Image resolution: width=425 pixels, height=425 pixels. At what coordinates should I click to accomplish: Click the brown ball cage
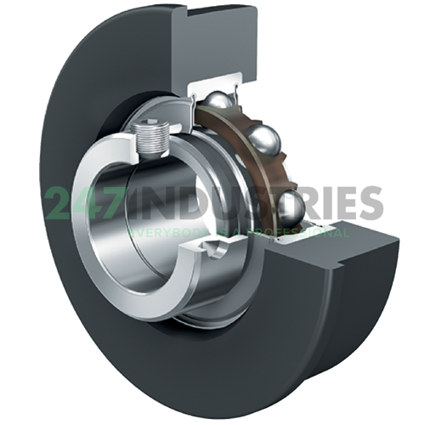[x=246, y=136]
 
